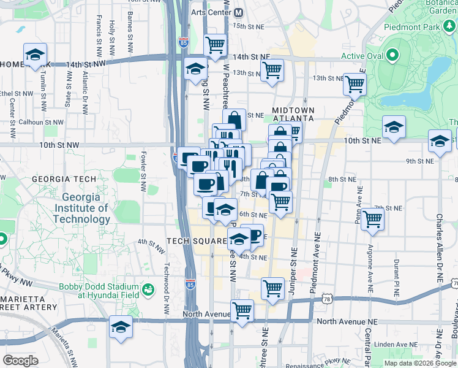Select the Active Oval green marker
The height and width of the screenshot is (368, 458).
click(x=396, y=56)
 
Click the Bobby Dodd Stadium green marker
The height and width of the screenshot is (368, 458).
click(x=148, y=288)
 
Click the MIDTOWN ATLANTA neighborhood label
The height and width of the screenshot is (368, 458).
click(x=293, y=114)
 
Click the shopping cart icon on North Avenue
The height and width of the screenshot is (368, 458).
click(x=242, y=310)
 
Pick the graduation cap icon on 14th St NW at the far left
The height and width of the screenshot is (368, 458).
click(x=35, y=54)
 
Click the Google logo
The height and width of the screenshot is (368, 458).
click(x=20, y=360)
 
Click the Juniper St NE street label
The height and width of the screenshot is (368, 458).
click(x=294, y=260)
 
